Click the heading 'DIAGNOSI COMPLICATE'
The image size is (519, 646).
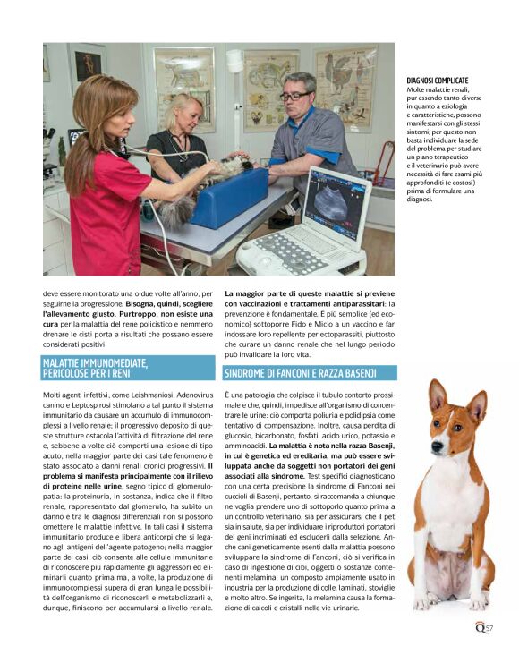click(438, 81)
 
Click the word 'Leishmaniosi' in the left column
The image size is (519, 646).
click(138, 394)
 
